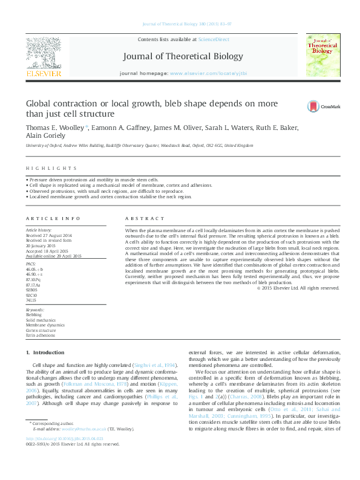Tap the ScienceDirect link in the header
(214, 39)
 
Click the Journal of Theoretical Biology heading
(183, 57)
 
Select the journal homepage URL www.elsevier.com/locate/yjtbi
(209, 73)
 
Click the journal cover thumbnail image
(322, 55)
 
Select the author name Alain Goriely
(45, 137)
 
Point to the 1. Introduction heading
(41, 352)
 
